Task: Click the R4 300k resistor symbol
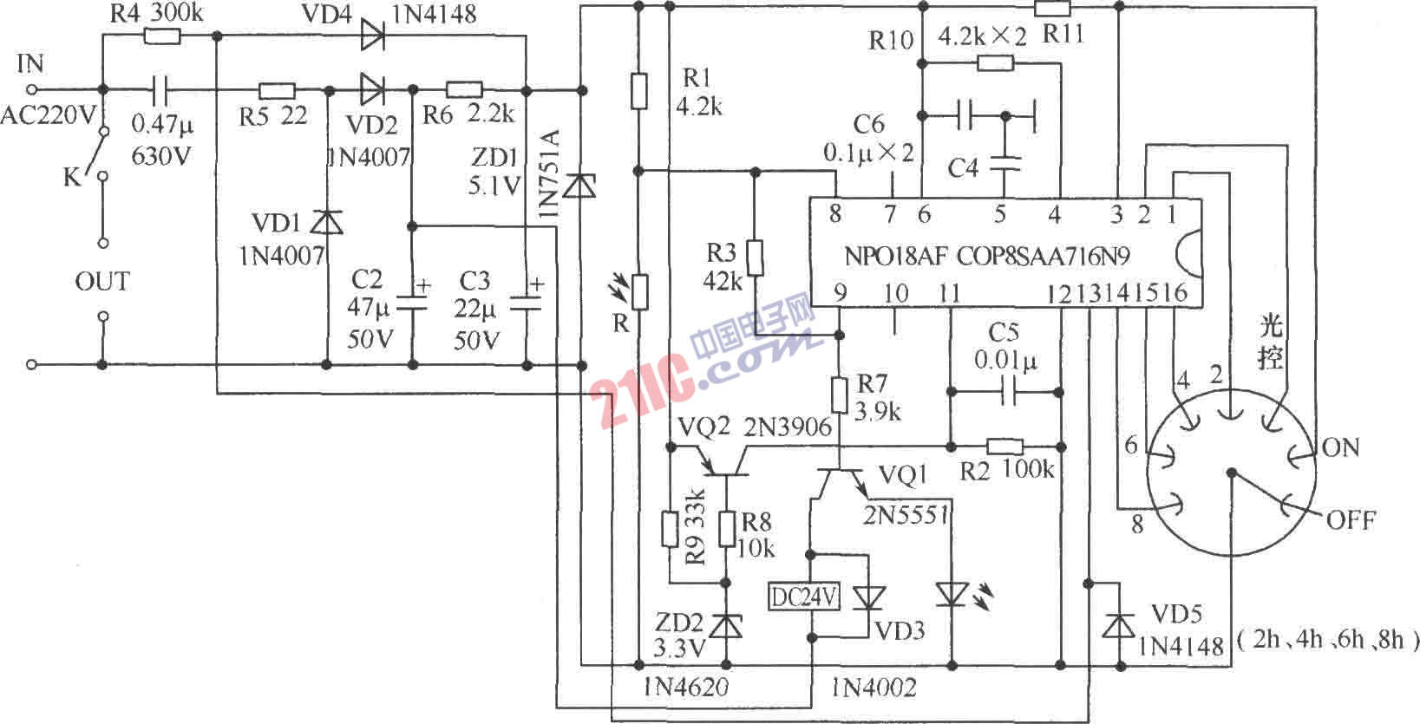161,36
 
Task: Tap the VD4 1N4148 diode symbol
373,36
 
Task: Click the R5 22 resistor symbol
277,89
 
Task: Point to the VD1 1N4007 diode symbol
327,223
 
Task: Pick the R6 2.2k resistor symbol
464,89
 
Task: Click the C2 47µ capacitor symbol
413,303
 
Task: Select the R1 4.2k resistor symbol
638,91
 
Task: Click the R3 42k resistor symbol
755,258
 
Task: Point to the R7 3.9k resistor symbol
839,394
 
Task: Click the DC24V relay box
805,597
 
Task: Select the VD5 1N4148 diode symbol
1119,624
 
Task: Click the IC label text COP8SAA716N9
1044,257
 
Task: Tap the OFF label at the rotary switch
1351,520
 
